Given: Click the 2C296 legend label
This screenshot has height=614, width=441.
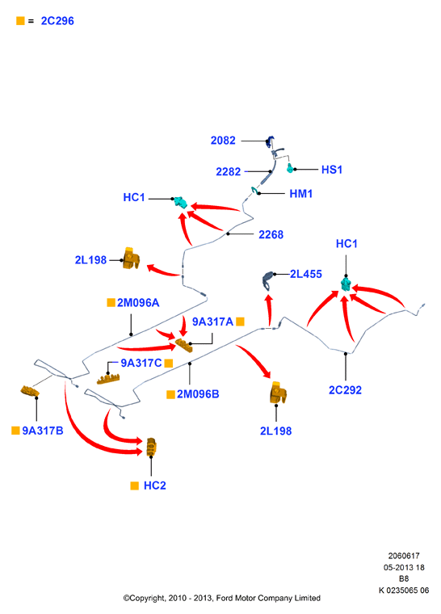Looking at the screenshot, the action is pyautogui.click(x=57, y=21).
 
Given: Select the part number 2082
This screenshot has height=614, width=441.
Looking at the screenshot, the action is pyautogui.click(x=223, y=141).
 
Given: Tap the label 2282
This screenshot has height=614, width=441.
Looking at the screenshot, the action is pyautogui.click(x=229, y=171).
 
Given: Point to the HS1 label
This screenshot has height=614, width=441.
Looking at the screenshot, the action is pyautogui.click(x=332, y=170).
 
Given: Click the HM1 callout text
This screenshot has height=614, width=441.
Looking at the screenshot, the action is pyautogui.click(x=300, y=193).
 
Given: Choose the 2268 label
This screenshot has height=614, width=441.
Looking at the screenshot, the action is pyautogui.click(x=271, y=234).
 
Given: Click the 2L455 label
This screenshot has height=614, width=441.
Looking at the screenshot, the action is pyautogui.click(x=306, y=274).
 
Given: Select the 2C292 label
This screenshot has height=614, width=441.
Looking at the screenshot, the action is pyautogui.click(x=345, y=390).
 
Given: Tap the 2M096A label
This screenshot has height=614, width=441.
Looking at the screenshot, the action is pyautogui.click(x=138, y=303).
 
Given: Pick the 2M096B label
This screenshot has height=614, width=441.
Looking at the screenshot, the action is pyautogui.click(x=198, y=394).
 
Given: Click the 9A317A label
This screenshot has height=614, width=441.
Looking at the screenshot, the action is pyautogui.click(x=212, y=322).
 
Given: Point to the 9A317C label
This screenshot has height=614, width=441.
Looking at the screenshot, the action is pyautogui.click(x=141, y=363).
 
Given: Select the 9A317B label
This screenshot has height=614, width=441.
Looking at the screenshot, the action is pyautogui.click(x=43, y=431).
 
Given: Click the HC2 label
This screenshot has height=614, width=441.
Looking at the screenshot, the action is pyautogui.click(x=155, y=486).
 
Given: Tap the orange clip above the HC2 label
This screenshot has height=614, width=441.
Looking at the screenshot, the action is pyautogui.click(x=151, y=448).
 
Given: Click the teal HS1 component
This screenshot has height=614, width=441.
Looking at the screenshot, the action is pyautogui.click(x=290, y=168).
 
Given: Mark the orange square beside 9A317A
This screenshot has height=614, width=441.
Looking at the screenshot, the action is pyautogui.click(x=241, y=322).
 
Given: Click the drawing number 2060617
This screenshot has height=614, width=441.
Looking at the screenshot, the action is pyautogui.click(x=404, y=556).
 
